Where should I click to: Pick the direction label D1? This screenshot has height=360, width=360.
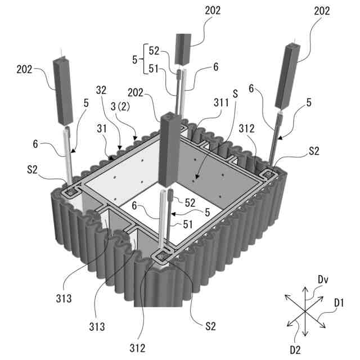(x=339, y=303)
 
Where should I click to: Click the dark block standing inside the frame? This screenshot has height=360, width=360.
(x=169, y=150)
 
